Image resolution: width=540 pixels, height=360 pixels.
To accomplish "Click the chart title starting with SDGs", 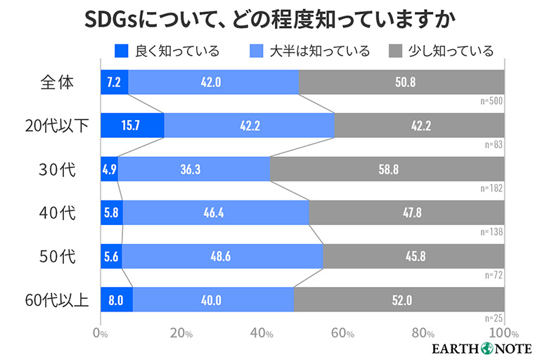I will point(269,19).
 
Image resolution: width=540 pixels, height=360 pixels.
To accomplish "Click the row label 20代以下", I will point(57,126).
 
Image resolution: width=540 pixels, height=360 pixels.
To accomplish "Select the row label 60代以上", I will point(57,300).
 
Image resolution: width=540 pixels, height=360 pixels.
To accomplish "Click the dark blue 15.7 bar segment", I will point(132,126).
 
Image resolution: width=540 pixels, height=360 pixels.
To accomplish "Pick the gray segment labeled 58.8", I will point(387,169).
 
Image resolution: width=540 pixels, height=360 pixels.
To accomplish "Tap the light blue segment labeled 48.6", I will point(222,257).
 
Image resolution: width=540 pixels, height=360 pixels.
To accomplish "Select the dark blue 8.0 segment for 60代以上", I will point(116,300).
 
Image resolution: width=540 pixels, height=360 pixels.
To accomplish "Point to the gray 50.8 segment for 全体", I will point(401,82).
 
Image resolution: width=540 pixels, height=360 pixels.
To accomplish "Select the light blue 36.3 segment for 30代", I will point(194,169).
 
